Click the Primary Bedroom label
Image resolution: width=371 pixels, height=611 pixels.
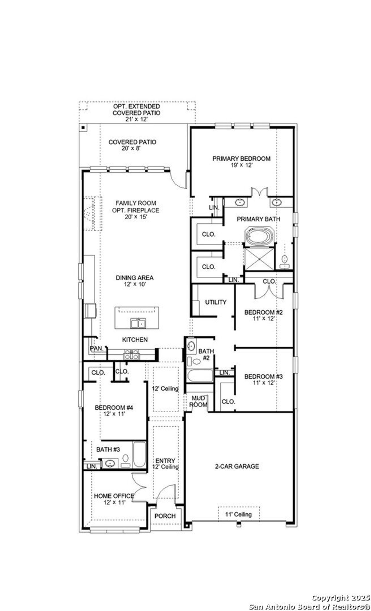(241, 159)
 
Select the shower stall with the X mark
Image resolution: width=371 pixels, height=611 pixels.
(259, 258)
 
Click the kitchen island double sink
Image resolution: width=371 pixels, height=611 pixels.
(138, 323)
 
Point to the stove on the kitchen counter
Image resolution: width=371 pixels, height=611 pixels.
(132, 354)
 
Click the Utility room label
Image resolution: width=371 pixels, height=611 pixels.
(216, 302)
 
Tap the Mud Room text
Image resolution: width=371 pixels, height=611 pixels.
(199, 401)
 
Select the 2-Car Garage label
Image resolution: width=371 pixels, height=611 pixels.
(237, 466)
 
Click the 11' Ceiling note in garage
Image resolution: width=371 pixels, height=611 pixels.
(239, 514)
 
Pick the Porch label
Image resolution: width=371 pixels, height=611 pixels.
(165, 516)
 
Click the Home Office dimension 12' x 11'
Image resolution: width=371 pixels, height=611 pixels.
(114, 502)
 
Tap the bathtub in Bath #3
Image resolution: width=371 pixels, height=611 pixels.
(139, 454)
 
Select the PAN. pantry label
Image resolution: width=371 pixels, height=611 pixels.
(97, 349)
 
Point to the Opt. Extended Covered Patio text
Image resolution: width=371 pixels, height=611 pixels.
(136, 110)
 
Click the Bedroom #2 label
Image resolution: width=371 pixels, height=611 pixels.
(263, 312)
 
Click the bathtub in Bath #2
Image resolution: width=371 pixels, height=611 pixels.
(200, 376)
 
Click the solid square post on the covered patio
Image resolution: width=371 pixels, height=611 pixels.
(83, 127)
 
